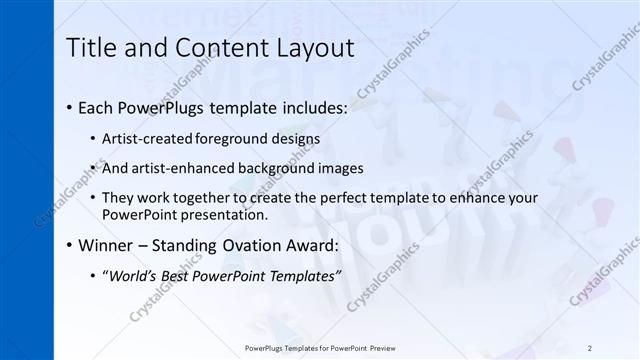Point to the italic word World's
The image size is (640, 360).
coord(130,276)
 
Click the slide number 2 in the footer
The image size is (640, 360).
coord(590,347)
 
